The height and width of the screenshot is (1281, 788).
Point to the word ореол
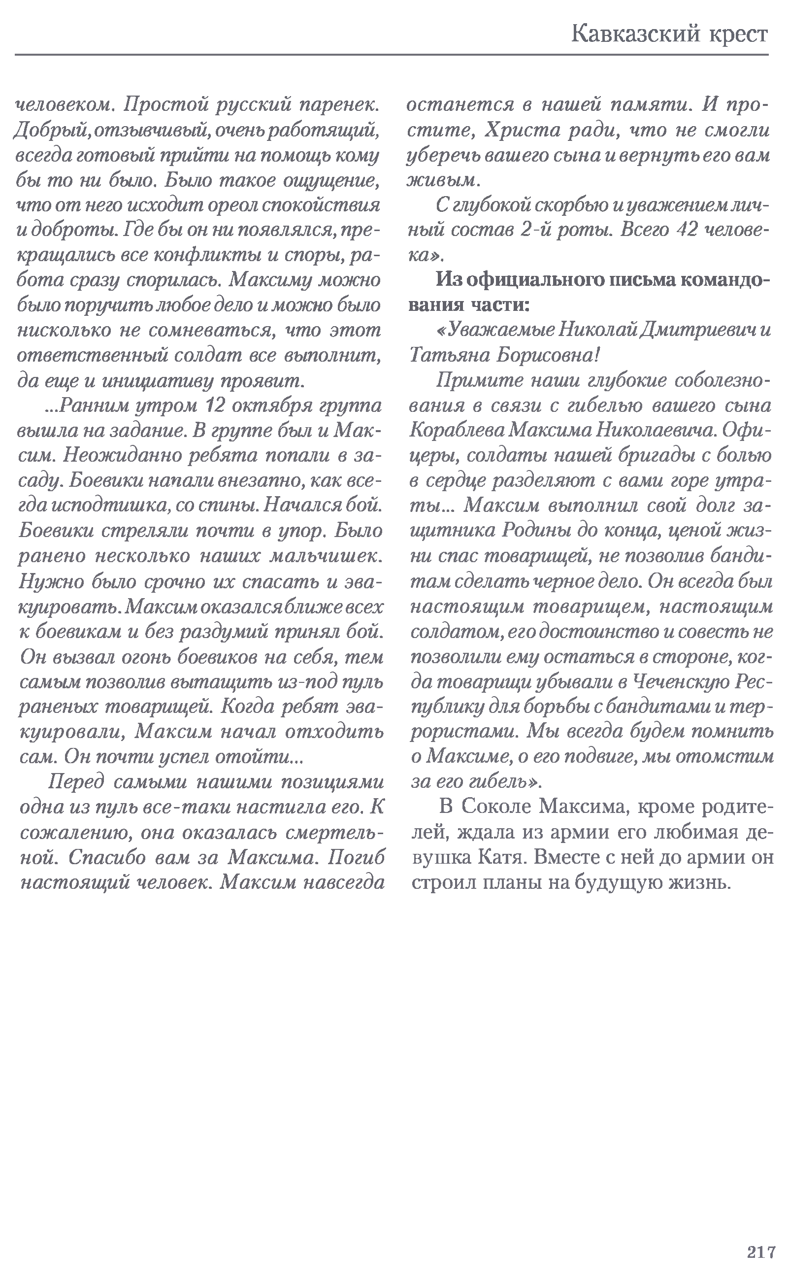pos(233,205)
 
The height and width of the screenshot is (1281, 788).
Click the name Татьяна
pos(449,356)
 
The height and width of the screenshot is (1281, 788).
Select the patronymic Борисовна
pos(547,356)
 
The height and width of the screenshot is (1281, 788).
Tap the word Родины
pos(533,531)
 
